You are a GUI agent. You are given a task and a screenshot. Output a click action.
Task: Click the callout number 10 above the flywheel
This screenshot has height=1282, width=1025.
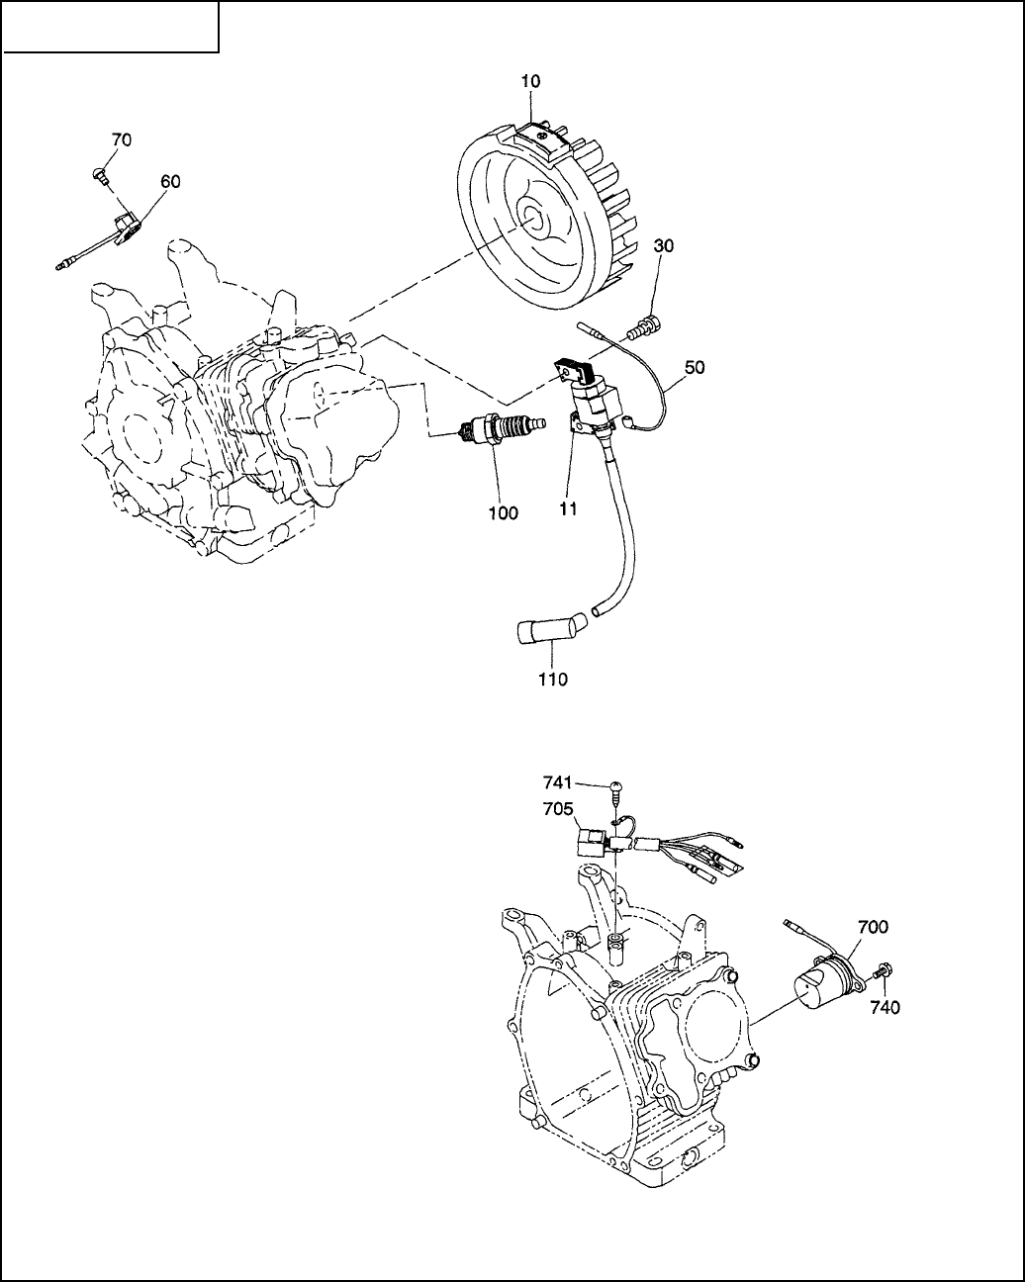[530, 82]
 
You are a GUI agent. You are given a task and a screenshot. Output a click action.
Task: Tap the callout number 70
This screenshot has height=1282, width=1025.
[122, 140]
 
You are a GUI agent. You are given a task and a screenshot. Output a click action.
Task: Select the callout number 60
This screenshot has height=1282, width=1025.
[170, 181]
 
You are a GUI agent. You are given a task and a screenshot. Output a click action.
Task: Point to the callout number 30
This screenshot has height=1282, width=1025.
[663, 245]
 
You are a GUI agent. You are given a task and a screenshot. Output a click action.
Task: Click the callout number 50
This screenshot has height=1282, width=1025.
[695, 368]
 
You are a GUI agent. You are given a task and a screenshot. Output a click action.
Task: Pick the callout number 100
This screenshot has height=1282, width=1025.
[504, 513]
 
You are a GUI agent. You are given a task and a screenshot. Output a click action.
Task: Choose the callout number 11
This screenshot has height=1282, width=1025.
[568, 509]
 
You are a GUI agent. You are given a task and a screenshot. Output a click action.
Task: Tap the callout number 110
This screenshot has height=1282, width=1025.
[553, 679]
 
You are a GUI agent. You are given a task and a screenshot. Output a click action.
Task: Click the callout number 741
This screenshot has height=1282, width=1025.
[557, 781]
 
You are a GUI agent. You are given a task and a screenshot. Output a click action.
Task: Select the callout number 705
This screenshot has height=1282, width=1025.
[558, 809]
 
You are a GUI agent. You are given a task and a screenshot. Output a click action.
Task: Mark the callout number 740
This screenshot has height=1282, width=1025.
[885, 1007]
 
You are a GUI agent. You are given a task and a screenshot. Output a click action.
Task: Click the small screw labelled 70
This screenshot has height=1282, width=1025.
[99, 174]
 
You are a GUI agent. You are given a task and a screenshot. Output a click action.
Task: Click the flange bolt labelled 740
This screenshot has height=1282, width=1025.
[881, 971]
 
